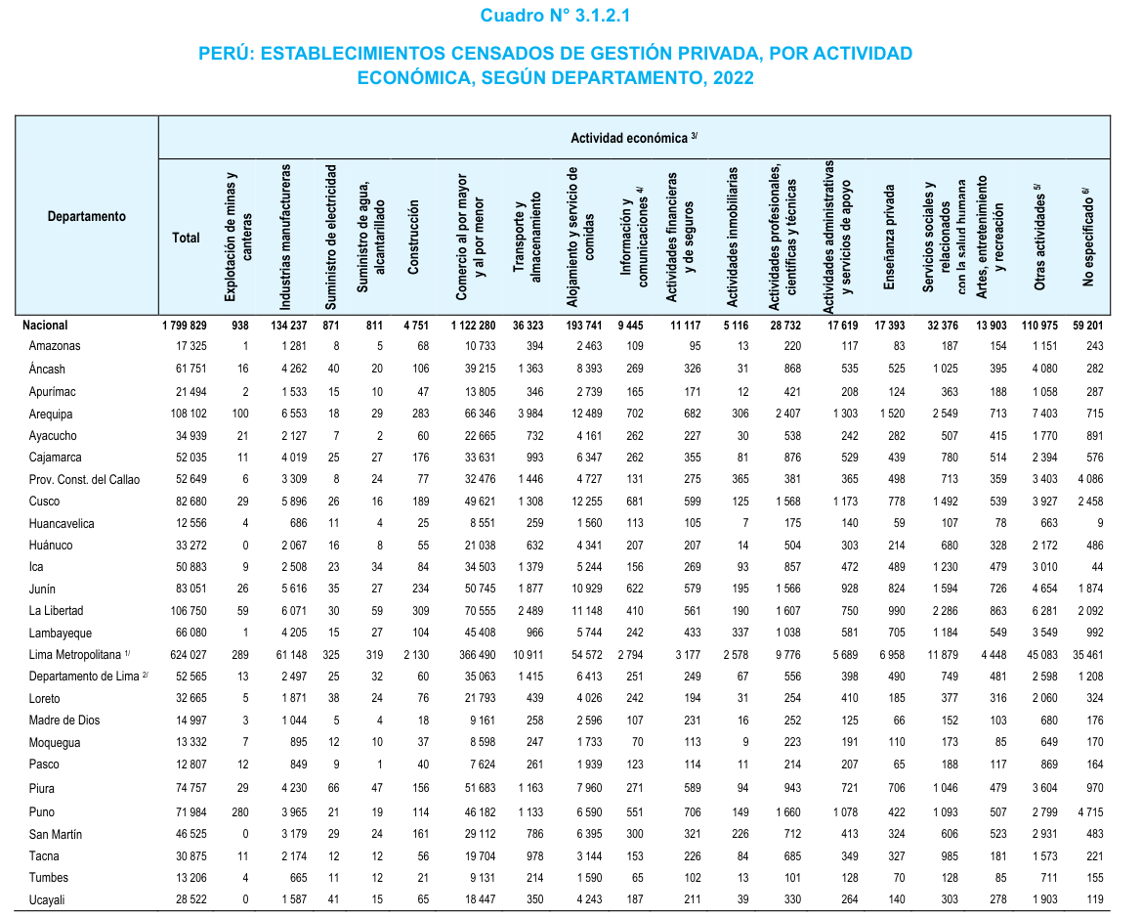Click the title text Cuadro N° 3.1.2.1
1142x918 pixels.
[562, 16]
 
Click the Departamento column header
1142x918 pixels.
[87, 216]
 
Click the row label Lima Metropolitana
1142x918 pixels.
[76, 654]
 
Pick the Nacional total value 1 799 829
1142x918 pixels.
[184, 326]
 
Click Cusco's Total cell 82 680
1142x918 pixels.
[187, 501]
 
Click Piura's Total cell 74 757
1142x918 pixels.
[187, 789]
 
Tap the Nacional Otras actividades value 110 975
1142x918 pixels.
[1038, 326]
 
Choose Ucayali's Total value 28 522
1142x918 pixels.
[187, 899]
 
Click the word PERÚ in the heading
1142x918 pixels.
[223, 53]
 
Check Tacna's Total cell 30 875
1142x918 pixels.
[187, 855]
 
